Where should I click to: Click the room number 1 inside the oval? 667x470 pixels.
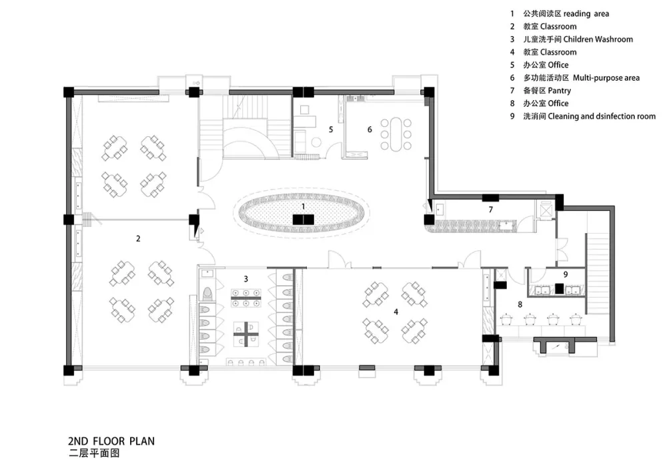coord(303,207)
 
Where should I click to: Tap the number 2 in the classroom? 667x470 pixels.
coord(138,238)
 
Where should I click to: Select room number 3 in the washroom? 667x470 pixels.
coord(246,278)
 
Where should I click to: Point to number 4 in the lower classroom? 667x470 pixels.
coord(396,311)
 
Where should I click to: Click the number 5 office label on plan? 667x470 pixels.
coord(330,129)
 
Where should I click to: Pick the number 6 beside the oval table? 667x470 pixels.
coord(369,130)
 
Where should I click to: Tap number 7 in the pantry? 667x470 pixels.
coord(490,210)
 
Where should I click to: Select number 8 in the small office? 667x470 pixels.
coord(520,304)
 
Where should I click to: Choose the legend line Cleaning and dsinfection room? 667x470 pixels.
coord(608,116)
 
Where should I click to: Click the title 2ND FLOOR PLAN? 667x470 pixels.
coord(111,441)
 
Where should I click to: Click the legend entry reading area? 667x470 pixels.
coord(586,13)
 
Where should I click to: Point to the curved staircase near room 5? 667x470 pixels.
coord(246,137)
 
